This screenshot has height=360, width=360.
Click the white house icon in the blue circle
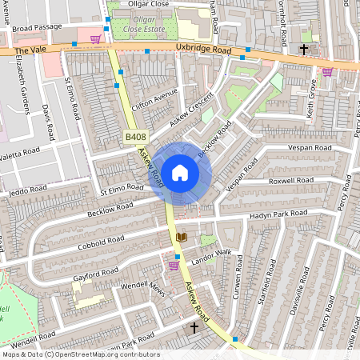[180, 172]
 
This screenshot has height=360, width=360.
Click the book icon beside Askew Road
[181, 238]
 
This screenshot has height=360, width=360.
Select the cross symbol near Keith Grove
[303, 50]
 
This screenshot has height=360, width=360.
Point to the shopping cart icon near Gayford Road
[174, 265]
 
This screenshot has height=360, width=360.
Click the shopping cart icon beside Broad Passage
[96, 38]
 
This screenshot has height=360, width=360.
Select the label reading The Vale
[26, 50]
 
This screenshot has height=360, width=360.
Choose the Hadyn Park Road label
[278, 214]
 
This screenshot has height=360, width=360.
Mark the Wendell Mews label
[142, 289]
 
